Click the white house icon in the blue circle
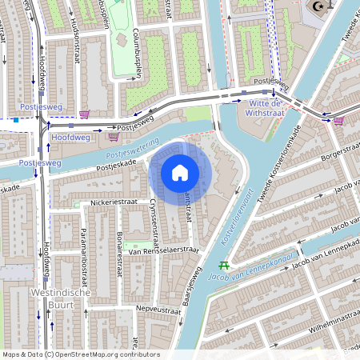[x=180, y=173]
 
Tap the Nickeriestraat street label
[x=114, y=203]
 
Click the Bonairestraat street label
[x=118, y=238]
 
